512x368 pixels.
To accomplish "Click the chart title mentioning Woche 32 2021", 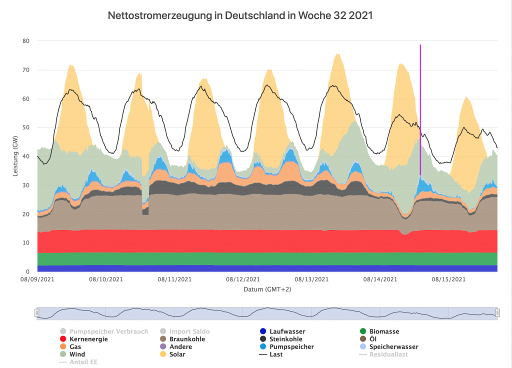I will point(240,15).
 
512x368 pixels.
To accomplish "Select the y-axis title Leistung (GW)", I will point(15,156).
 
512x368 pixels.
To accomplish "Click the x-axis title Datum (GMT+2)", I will point(267,289).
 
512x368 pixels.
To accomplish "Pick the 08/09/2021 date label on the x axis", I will point(38,279).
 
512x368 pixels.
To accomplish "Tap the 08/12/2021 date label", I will point(242,279).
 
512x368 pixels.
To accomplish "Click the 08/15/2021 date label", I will point(448,279).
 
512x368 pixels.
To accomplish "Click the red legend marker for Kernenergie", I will point(62,339).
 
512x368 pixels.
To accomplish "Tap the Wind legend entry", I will point(77,354).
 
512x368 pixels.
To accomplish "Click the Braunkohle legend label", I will point(187,339).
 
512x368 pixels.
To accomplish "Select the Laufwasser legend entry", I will point(287,331).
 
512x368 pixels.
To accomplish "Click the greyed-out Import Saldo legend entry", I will point(189,331).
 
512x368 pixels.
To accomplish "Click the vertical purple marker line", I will point(420,100).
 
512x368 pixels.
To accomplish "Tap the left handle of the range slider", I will point(36,312).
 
